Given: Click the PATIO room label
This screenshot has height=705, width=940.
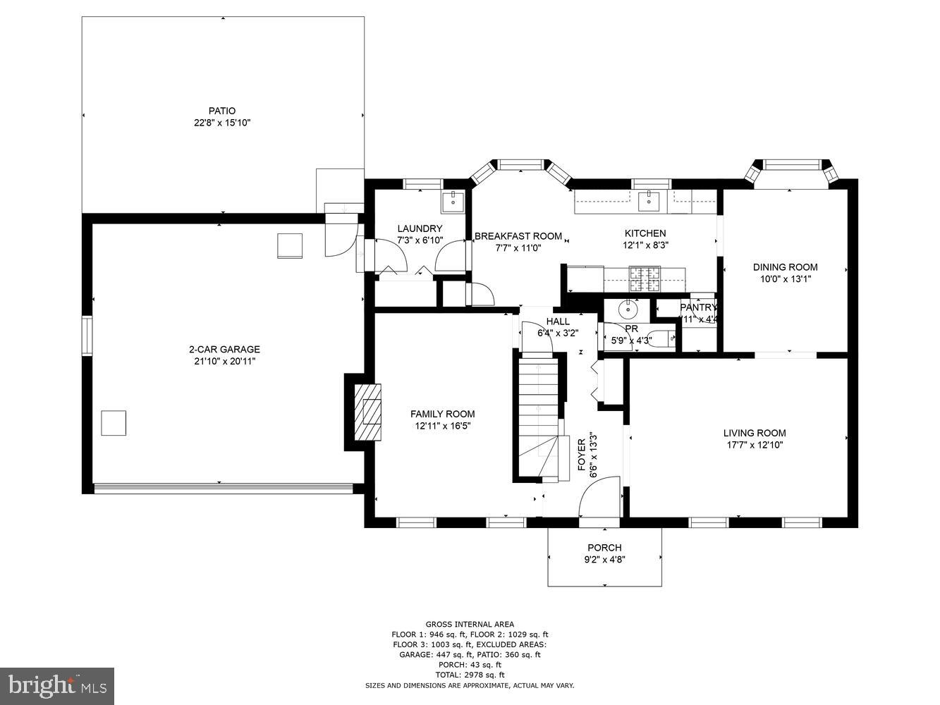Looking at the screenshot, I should [222, 111].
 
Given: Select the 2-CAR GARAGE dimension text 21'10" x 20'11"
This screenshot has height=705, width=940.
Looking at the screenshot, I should [224, 361].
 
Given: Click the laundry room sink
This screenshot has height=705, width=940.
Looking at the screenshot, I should [451, 202].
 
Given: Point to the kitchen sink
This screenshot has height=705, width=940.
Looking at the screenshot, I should [648, 202].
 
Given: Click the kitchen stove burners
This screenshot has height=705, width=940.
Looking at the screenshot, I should [645, 278].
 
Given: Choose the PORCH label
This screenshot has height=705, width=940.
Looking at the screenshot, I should [604, 548].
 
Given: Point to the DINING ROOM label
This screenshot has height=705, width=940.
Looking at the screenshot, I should [785, 266].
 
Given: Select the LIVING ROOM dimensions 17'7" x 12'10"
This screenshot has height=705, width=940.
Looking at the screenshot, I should [754, 445].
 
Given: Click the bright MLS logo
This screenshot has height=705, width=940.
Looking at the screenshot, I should [57, 685].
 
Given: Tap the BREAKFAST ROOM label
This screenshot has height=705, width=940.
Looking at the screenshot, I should [518, 236].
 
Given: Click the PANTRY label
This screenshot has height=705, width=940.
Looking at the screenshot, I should [698, 307].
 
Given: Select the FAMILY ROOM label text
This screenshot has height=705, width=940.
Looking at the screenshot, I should [442, 414].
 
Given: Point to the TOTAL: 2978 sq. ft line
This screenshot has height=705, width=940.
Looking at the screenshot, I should [469, 674].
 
